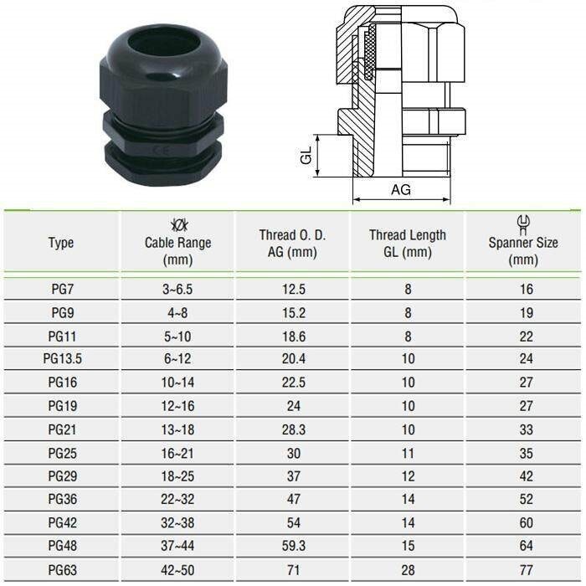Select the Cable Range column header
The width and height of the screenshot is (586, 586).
(177, 243)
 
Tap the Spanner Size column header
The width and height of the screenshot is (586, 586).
(523, 244)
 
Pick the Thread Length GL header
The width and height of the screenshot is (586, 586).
(408, 244)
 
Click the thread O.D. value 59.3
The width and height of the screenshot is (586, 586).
(292, 547)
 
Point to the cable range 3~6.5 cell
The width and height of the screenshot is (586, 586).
(177, 289)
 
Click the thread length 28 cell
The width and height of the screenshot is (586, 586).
(408, 571)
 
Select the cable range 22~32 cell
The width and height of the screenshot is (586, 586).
(177, 500)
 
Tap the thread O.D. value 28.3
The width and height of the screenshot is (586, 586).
(292, 429)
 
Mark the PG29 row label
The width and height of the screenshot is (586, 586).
(61, 476)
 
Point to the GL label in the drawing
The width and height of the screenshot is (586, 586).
(306, 155)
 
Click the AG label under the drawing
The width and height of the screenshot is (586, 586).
(401, 190)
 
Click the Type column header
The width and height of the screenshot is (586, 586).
(61, 243)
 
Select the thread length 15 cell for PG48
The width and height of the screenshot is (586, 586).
(408, 547)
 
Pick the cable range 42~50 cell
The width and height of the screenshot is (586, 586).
(177, 571)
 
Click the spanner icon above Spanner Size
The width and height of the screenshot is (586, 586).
(523, 223)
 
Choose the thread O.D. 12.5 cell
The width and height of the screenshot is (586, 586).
(292, 289)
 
